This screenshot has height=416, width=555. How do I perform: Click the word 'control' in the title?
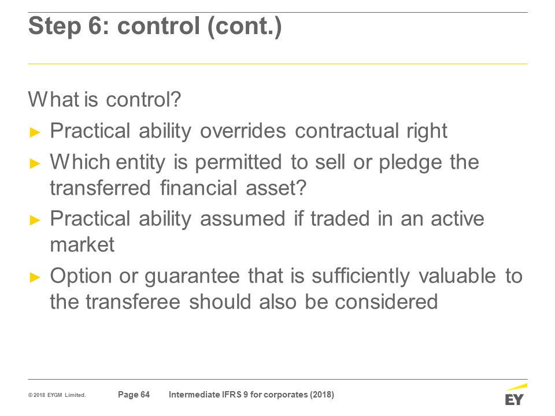[x=159, y=26]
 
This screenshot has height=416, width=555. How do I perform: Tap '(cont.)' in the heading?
[x=245, y=27]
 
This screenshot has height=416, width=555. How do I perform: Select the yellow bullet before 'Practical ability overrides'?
[x=35, y=133]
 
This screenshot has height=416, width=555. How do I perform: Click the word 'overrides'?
[x=243, y=131]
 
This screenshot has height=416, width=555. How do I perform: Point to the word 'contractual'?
[x=346, y=131]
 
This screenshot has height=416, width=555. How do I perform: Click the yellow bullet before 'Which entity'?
[x=35, y=164]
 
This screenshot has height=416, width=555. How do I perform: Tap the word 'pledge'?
[x=410, y=163]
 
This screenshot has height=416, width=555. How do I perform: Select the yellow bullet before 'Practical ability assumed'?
[x=35, y=220]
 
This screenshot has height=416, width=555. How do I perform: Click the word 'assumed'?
[x=242, y=218]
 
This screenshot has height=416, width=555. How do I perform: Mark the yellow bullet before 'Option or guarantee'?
[x=35, y=277]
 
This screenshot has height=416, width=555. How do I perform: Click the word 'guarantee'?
[x=192, y=276]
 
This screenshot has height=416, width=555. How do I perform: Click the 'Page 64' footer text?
[x=134, y=395]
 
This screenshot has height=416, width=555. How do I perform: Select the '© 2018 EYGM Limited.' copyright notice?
[x=57, y=395]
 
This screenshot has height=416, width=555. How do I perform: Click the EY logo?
[x=515, y=395]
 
